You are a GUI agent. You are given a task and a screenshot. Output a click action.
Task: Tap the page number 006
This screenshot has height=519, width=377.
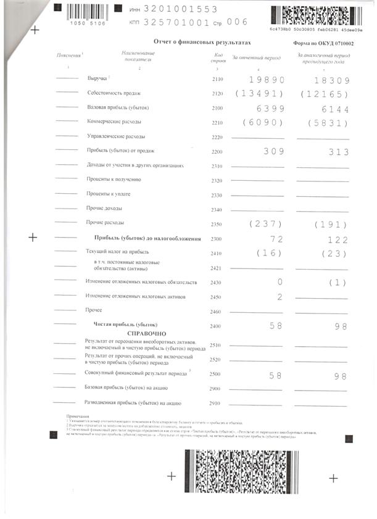click(x=237, y=22)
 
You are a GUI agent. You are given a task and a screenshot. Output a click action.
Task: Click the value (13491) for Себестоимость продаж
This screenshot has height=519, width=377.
click(x=259, y=94)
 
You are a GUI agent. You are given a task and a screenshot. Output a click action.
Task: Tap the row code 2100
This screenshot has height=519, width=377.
click(x=217, y=108)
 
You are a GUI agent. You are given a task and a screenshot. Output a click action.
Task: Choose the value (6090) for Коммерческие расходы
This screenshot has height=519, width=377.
click(x=263, y=122)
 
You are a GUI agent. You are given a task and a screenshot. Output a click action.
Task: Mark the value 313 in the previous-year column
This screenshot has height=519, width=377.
click(x=338, y=152)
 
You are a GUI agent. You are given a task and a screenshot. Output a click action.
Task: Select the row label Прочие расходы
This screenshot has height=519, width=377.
click(x=106, y=222)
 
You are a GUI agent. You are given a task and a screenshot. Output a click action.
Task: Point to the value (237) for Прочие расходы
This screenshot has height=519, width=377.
click(x=265, y=224)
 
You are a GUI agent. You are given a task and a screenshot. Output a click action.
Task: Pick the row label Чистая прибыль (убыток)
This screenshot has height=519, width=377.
click(x=125, y=325)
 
